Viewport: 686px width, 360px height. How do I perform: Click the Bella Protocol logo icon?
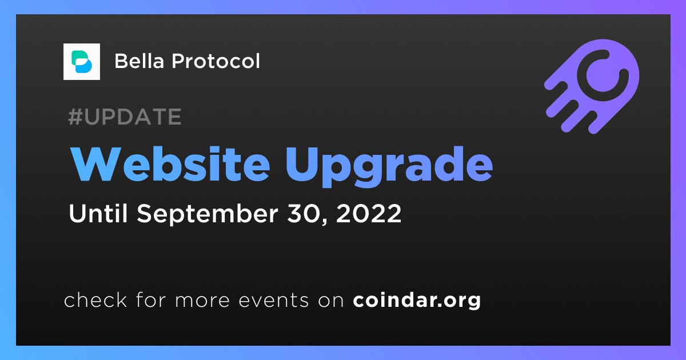[x=81, y=62]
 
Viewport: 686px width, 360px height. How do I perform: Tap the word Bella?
[x=139, y=61]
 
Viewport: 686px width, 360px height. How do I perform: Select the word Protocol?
[x=216, y=61]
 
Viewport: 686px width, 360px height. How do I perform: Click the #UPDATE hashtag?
[x=125, y=117]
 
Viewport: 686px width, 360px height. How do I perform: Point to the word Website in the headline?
[x=170, y=165]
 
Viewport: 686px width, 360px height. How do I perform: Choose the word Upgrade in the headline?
[x=389, y=167]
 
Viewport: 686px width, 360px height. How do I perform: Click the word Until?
[x=98, y=213]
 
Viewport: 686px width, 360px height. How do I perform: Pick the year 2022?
[x=369, y=214]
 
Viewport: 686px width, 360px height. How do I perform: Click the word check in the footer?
[x=95, y=300]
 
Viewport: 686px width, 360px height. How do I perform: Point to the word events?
[x=273, y=301]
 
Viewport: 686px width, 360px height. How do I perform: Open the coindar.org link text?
[x=417, y=301]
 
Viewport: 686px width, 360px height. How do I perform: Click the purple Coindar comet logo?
[x=592, y=86]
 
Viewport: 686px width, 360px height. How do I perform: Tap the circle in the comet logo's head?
[x=603, y=75]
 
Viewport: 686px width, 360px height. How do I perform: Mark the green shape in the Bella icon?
[x=79, y=58]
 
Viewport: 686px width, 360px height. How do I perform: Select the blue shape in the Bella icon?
[x=84, y=66]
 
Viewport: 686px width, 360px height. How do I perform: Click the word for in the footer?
[x=151, y=300]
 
